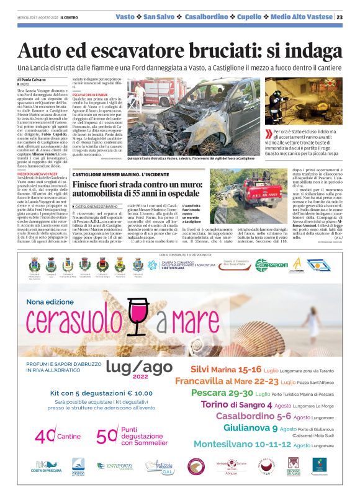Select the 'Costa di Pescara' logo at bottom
[43, 466]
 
